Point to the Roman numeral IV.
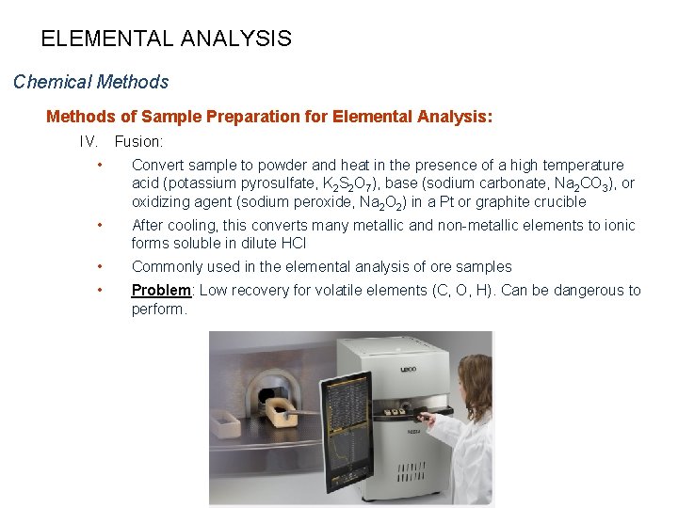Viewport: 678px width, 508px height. [89, 142]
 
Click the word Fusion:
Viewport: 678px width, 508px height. [138, 142]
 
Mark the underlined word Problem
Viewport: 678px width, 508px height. [160, 290]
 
